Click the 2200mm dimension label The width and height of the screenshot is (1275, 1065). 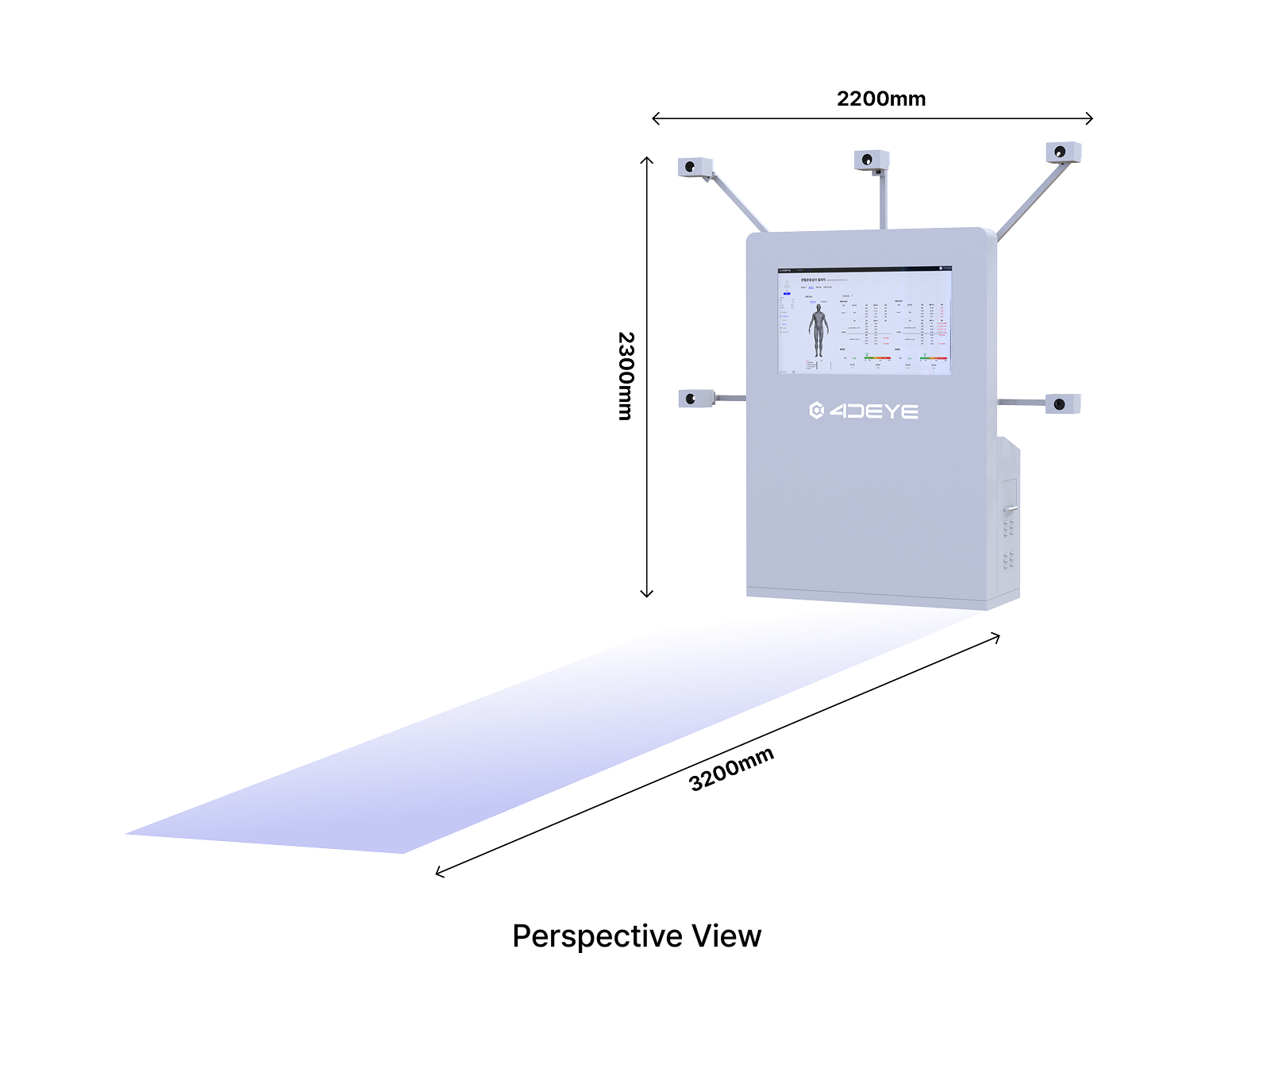click(880, 99)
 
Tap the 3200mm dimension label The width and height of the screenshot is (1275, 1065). click(730, 769)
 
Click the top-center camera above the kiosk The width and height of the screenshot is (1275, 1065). click(871, 160)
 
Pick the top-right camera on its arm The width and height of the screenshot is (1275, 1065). click(1062, 152)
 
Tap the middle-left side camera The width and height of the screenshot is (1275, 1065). click(695, 398)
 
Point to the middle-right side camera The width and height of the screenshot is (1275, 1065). click(1062, 404)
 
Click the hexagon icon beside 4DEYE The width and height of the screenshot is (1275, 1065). click(816, 410)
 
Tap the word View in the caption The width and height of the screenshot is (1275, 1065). click(726, 936)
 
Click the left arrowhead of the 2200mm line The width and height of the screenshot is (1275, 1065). click(653, 118)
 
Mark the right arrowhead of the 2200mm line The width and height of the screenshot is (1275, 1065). click(1092, 118)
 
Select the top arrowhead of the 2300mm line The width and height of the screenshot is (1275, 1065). click(647, 159)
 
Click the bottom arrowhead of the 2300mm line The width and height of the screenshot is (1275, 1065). click(647, 595)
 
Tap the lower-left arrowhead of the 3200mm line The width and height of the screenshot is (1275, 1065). click(437, 874)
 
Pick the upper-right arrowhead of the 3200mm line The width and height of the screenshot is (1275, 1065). click(998, 636)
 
